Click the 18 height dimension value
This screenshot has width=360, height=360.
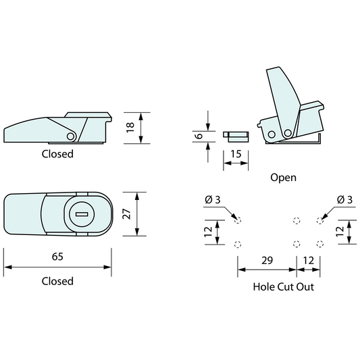point(130,126)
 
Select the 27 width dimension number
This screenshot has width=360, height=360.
point(126,214)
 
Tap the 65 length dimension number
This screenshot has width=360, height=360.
point(57,257)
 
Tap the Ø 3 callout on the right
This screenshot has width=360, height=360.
point(344,199)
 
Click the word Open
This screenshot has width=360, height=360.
point(283,178)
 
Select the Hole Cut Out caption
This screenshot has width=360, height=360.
point(283,286)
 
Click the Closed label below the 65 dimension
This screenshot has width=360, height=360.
point(57,281)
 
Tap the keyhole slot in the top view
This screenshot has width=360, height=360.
point(81,215)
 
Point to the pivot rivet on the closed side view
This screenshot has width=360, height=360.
point(70,136)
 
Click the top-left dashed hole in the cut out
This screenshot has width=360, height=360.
point(236,220)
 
